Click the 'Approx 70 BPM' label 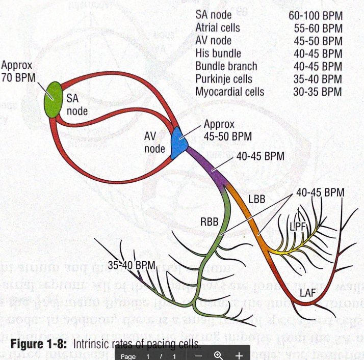pos(17,71)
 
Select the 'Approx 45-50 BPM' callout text pos(227,130)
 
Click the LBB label pos(256,198)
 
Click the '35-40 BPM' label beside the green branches pos(131,265)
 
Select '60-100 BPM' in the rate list pos(315,16)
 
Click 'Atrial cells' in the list pos(217,28)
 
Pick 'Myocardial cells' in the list pos(229,92)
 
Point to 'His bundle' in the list pos(218,53)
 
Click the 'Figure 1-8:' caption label pos(39,344)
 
